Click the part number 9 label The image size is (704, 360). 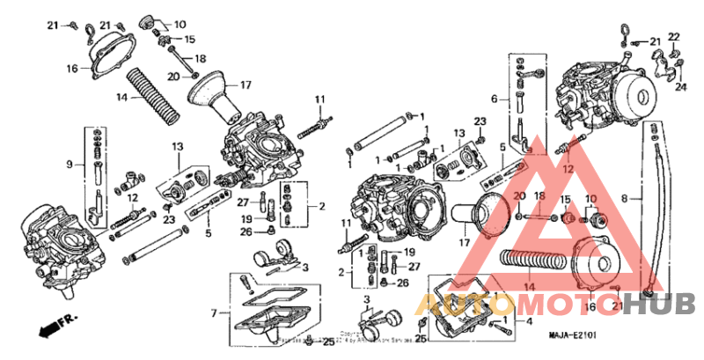click(x=69, y=164)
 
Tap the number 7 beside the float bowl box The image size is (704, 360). click(x=213, y=312)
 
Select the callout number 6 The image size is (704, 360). click(x=494, y=99)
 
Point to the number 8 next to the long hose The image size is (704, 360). click(x=625, y=200)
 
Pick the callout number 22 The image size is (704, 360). click(x=673, y=36)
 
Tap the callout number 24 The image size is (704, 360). click(x=680, y=87)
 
